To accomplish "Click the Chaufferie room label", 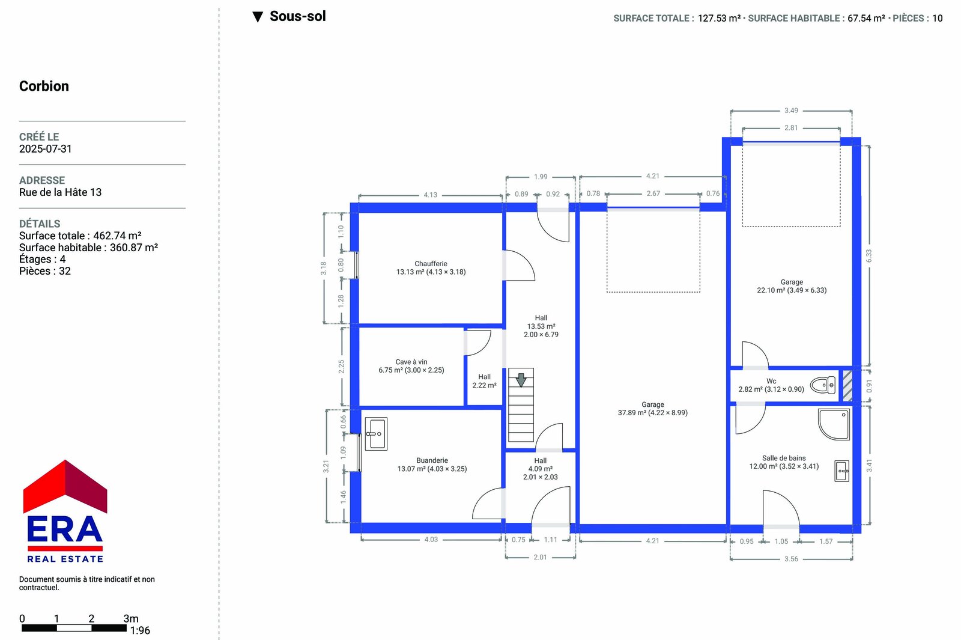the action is [x=431, y=264].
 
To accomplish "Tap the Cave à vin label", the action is [x=411, y=362].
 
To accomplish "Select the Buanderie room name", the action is [x=432, y=460].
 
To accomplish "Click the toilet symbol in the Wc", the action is [x=822, y=385].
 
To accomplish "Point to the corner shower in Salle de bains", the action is [x=834, y=424].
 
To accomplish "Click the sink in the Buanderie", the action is [x=376, y=433].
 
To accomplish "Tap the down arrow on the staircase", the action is [x=521, y=380].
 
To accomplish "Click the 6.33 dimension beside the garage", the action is [x=869, y=256].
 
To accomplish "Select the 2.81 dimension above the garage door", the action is [x=790, y=128].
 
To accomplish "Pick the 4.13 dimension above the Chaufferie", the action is [x=430, y=195].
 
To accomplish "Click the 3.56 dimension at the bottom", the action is [x=791, y=559].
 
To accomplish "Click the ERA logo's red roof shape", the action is [x=65, y=486].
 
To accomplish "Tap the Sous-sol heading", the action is [x=298, y=16].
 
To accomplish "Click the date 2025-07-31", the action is [x=46, y=149].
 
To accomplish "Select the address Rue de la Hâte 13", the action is [x=61, y=192].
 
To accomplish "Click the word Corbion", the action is [x=44, y=86].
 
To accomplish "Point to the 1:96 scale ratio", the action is [x=140, y=630].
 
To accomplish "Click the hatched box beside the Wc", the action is [x=847, y=386].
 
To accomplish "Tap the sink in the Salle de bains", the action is [x=841, y=471].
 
